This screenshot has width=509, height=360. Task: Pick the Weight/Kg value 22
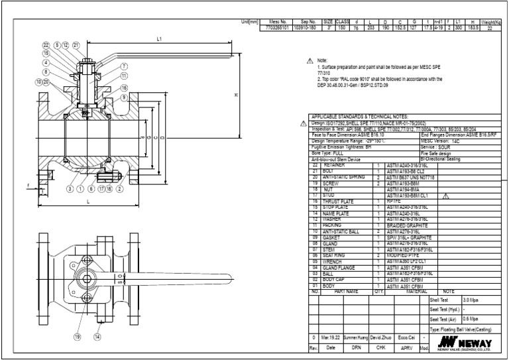(489, 29)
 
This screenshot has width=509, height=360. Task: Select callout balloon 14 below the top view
(97, 337)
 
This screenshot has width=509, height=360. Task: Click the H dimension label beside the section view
(236, 94)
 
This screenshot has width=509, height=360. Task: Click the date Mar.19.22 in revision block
(329, 337)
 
